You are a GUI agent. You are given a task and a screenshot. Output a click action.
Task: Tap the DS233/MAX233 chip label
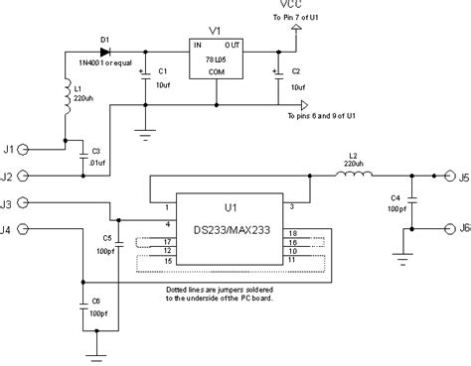click(x=232, y=224)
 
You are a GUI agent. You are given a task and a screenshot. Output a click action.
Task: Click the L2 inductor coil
click(x=354, y=179)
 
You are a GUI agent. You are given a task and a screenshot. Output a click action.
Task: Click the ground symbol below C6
click(x=95, y=349)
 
